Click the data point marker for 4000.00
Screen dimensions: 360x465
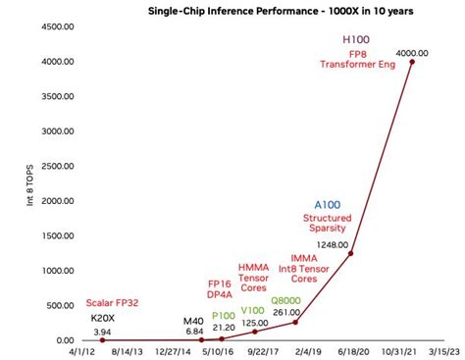(411, 62)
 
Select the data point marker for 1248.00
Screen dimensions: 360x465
(350, 253)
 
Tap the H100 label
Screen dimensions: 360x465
(356, 38)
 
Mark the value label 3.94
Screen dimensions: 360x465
(102, 332)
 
